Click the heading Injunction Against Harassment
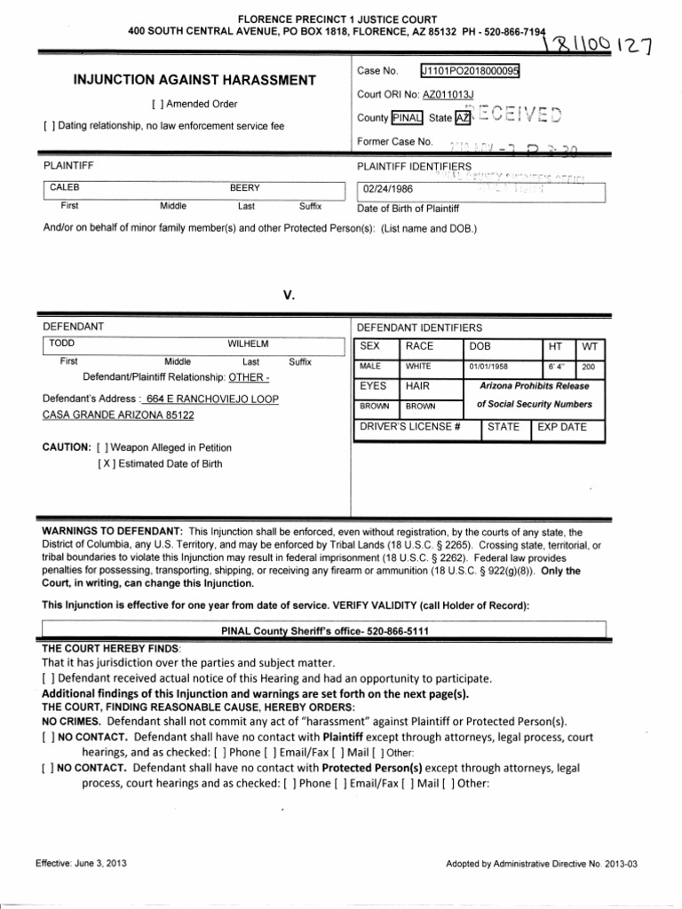point(194,81)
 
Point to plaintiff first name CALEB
point(63,189)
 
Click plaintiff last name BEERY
point(245,189)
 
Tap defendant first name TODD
point(61,344)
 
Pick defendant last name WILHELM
point(248,344)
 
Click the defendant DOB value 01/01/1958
point(490,366)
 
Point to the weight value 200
point(589,366)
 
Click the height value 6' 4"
point(555,366)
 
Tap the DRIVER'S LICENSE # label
point(409,427)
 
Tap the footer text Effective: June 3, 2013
point(77,863)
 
